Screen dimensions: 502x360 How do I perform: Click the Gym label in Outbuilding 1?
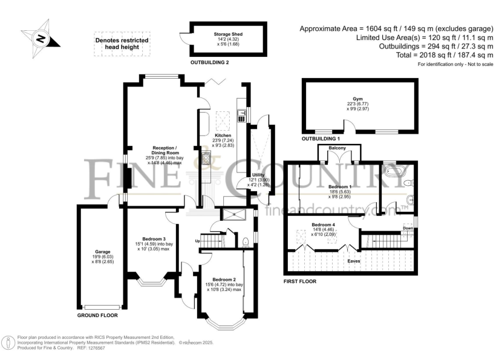(x=360, y=99)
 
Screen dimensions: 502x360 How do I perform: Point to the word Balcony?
(x=337, y=148)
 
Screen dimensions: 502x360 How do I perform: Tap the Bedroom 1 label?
(x=339, y=187)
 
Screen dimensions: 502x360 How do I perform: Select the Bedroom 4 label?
(x=323, y=225)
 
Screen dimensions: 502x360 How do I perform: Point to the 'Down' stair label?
(x=408, y=228)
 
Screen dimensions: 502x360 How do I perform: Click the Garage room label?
(x=102, y=252)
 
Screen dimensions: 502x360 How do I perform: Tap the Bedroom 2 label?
(x=225, y=280)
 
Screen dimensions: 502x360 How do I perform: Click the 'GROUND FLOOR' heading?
(x=97, y=315)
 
